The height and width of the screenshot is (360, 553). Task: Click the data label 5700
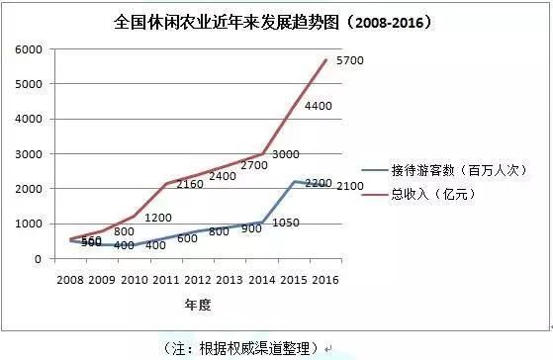click(350, 61)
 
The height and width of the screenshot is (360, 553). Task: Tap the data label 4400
click(319, 107)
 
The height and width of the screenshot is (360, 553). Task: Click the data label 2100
click(350, 187)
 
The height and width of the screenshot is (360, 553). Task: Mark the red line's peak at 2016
click(326, 59)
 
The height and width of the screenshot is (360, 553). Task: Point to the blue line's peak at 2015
click(295, 182)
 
